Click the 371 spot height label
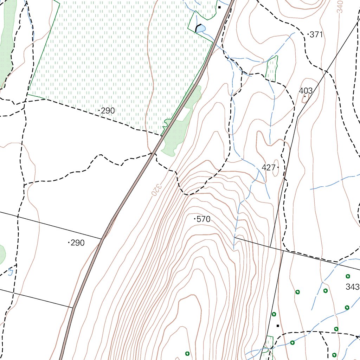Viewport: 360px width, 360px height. [x=316, y=34]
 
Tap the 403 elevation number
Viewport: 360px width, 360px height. [x=306, y=91]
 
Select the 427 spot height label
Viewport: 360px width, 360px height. [x=268, y=167]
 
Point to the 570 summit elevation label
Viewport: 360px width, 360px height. [x=204, y=219]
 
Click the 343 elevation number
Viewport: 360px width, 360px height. [x=352, y=287]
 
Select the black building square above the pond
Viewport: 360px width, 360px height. [x=219, y=7]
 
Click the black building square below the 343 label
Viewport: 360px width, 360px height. [x=278, y=326]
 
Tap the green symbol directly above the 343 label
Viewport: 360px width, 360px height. [x=348, y=276]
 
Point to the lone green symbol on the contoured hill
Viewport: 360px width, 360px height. [x=187, y=353]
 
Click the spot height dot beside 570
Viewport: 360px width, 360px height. [x=195, y=219]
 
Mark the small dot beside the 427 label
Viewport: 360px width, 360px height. [x=278, y=167]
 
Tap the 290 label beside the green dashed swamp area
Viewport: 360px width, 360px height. [x=108, y=111]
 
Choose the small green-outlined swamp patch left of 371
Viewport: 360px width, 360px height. [x=272, y=69]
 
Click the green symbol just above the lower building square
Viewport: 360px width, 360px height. [x=274, y=314]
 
